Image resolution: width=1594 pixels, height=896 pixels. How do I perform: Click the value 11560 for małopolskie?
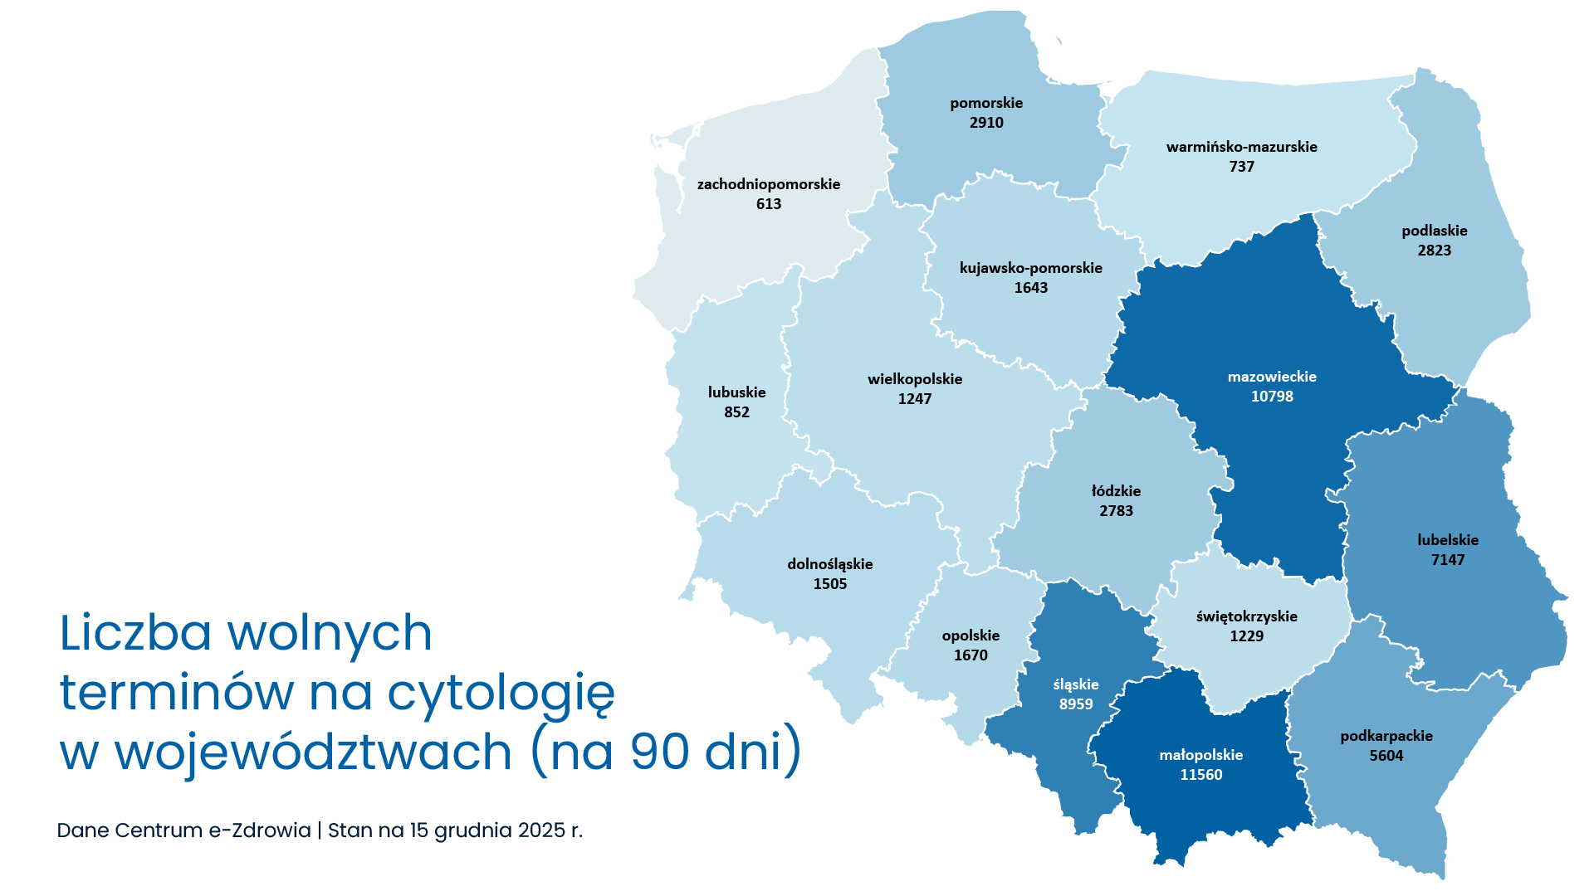1201,775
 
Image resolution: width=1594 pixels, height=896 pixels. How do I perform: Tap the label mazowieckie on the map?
1272,377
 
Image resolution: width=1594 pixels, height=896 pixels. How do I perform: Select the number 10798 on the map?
1272,397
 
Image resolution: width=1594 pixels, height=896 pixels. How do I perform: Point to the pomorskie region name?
986,103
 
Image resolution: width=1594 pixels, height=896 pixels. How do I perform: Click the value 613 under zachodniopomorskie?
769,204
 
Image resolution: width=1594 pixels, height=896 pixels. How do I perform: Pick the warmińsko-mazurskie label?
1241,147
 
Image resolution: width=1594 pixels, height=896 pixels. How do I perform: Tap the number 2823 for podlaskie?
1435,251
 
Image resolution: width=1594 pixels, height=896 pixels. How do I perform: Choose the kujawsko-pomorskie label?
1031,268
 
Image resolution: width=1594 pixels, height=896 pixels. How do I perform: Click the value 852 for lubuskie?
736,412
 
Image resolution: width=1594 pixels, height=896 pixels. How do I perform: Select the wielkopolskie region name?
915,379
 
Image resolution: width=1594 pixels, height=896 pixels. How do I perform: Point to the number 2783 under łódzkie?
1116,511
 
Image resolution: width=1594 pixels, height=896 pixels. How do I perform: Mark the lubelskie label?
1448,540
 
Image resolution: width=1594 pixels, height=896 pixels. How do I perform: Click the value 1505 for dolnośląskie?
830,584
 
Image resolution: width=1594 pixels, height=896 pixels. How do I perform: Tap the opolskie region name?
971,635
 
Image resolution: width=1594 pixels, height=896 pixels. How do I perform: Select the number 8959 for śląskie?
1076,704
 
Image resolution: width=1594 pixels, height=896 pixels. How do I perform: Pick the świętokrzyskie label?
1246,616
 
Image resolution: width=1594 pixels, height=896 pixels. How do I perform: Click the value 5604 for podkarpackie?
1386,756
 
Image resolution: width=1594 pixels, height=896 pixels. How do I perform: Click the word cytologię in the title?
501,694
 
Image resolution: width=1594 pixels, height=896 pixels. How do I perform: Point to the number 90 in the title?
660,752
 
